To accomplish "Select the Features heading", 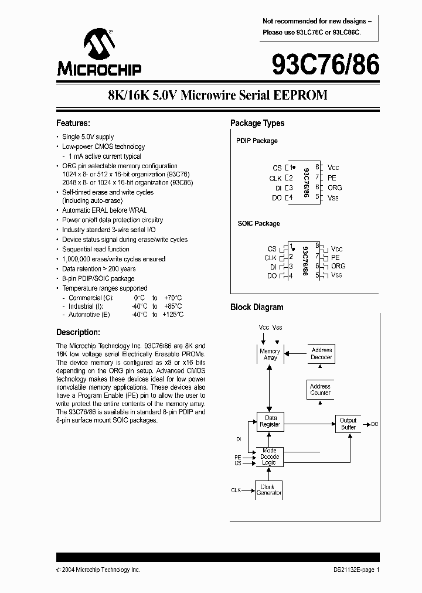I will [x=73, y=123].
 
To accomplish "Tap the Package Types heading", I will [x=257, y=123].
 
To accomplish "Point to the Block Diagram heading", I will [x=257, y=307].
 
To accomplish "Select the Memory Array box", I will [x=270, y=354].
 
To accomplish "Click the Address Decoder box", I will [x=321, y=354].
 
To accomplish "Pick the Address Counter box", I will [x=320, y=389].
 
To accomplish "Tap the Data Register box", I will [x=270, y=421].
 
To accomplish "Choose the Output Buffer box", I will [x=348, y=424].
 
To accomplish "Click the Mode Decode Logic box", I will [x=270, y=456].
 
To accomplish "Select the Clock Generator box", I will [x=269, y=490].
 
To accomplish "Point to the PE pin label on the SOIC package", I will [x=335, y=257].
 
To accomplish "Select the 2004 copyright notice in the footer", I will [x=98, y=570].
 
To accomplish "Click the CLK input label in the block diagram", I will [x=236, y=490].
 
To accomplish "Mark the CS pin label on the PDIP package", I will [x=277, y=168].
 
